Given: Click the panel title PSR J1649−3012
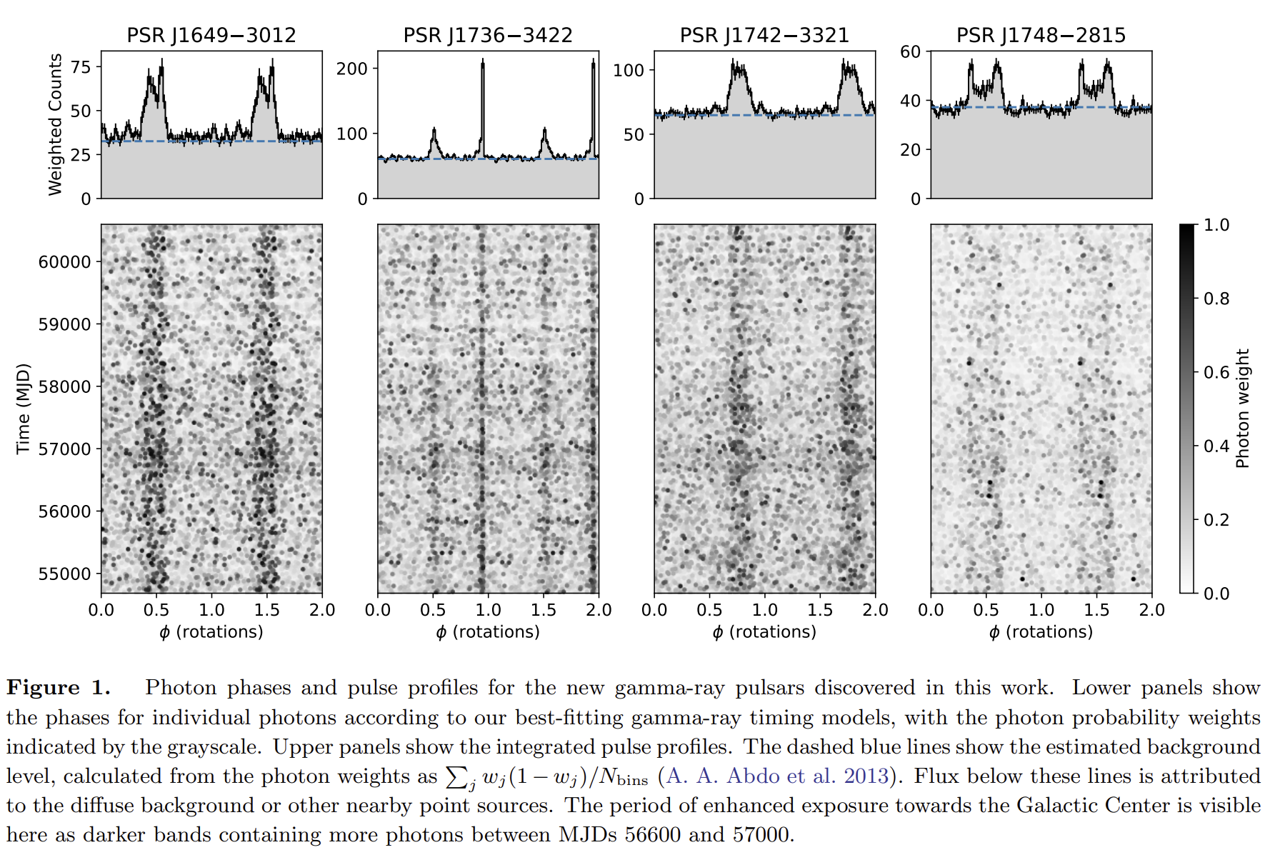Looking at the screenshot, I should click(211, 35).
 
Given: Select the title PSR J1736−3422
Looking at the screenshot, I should click(488, 35).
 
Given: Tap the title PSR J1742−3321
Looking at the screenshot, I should click(764, 35).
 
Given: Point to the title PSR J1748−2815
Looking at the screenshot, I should click(1041, 35).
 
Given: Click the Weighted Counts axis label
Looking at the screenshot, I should click(55, 124).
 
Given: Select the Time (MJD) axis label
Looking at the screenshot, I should click(24, 409).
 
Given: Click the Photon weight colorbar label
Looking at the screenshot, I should click(1242, 409).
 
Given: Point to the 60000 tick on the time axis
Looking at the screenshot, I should click(64, 262).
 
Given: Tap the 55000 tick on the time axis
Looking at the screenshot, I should click(64, 574).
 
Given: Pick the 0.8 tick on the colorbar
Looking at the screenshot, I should click(1216, 299).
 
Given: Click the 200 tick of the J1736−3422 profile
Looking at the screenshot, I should click(351, 69).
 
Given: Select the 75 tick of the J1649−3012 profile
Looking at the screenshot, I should click(81, 67).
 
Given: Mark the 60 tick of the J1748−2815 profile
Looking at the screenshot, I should click(910, 51).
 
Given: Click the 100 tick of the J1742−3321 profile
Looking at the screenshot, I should click(629, 71).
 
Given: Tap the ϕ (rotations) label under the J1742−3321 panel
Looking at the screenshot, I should click(764, 632).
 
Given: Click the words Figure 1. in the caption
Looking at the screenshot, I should click(59, 688).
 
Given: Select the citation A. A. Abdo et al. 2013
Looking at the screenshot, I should click(777, 776).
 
